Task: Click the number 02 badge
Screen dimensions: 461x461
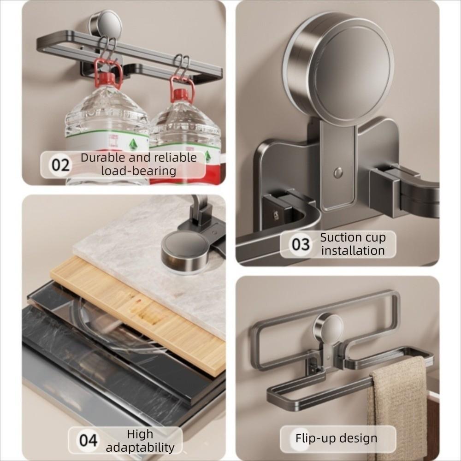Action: point(60,165)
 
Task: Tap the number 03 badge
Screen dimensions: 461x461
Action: point(301,244)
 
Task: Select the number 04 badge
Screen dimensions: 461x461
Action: point(88,440)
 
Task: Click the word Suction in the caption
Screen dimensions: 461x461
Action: point(341,238)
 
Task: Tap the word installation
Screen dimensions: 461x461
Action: point(353,251)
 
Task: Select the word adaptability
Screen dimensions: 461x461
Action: point(140,447)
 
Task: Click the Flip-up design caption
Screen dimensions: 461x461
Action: point(337,438)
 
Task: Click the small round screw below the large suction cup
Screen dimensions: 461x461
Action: point(338,172)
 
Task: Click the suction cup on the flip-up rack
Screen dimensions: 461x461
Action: point(328,328)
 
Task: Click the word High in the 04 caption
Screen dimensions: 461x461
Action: point(140,434)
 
